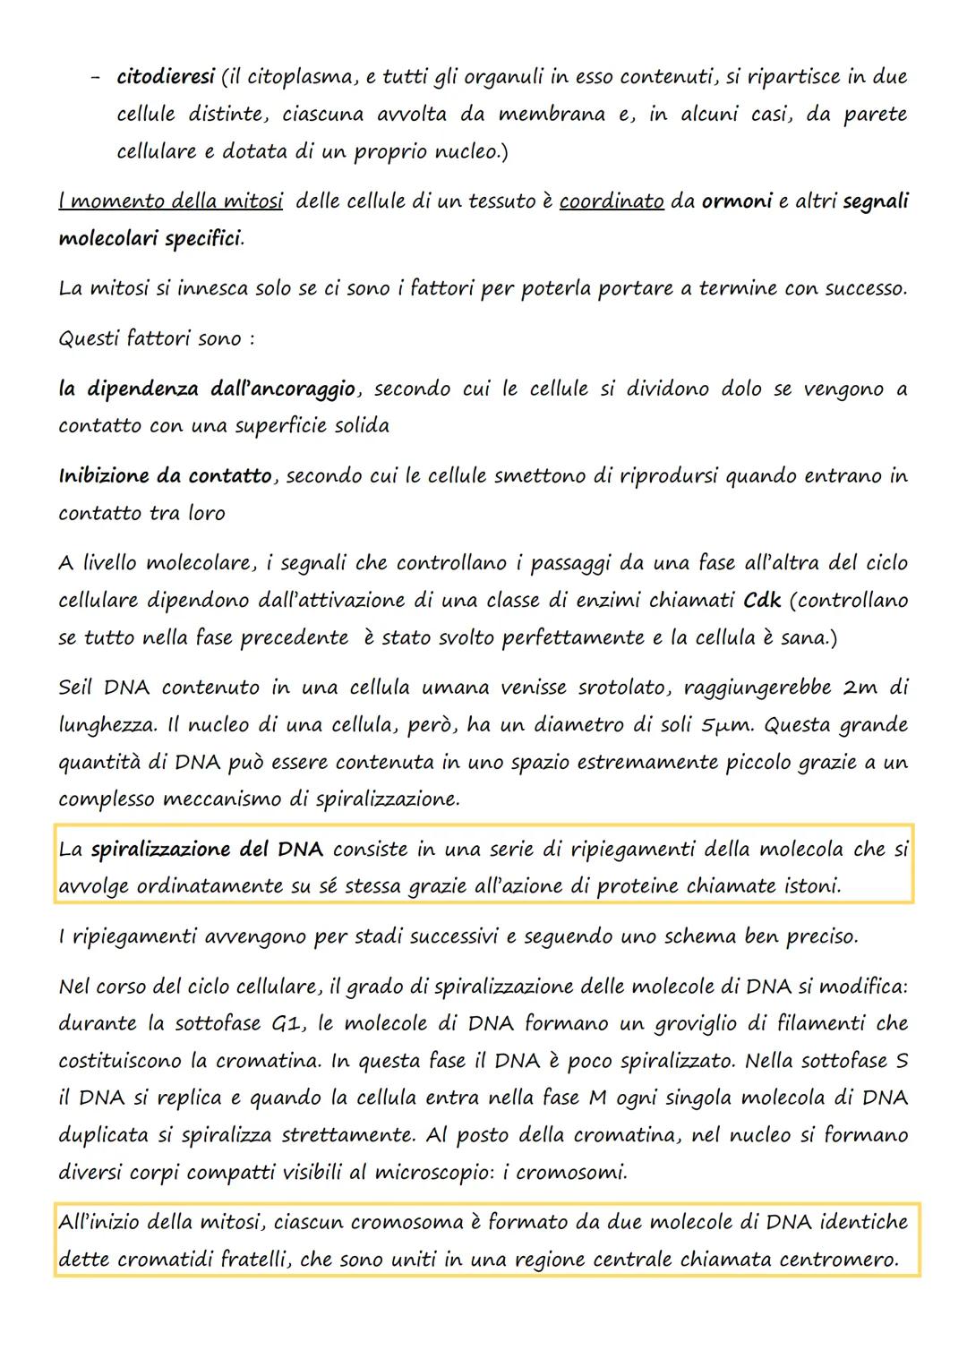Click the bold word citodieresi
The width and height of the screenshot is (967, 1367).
pyautogui.click(x=166, y=77)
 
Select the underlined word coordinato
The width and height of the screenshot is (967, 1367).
pyautogui.click(x=612, y=201)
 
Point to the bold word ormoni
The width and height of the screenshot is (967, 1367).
pyautogui.click(x=736, y=201)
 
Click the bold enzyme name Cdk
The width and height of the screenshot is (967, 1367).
pyautogui.click(x=762, y=600)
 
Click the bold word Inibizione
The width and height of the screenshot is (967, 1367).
pyautogui.click(x=104, y=476)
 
